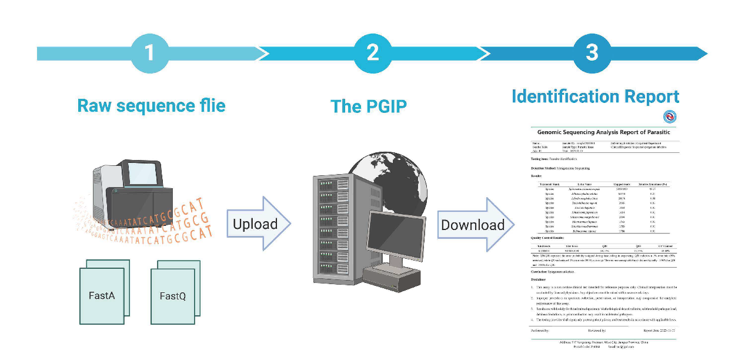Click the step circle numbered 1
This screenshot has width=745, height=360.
pyautogui.click(x=149, y=54)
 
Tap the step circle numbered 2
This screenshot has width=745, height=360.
pyautogui.click(x=372, y=54)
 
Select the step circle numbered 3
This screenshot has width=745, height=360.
pyautogui.click(x=592, y=54)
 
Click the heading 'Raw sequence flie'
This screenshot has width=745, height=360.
pyautogui.click(x=151, y=106)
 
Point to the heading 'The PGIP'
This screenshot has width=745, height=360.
pyautogui.click(x=369, y=106)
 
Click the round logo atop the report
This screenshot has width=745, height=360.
pyautogui.click(x=670, y=116)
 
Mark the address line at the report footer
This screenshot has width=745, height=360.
pyautogui.click(x=603, y=341)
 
